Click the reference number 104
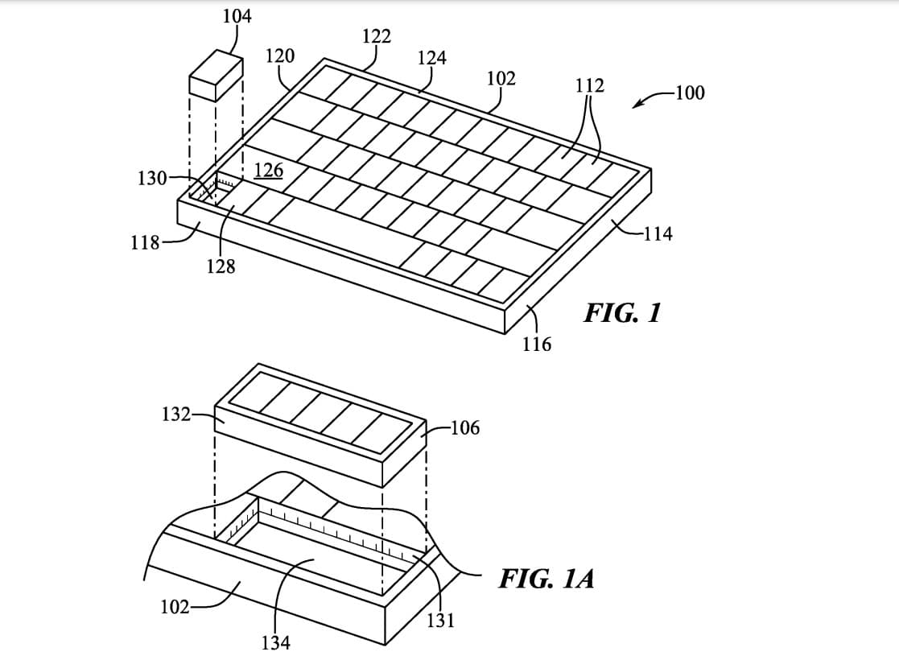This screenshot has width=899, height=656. [x=236, y=15]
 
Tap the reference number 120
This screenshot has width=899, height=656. [x=279, y=56]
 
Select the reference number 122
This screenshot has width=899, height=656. [x=377, y=35]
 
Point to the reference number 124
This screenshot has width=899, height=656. [x=432, y=57]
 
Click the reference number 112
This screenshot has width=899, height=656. [x=590, y=85]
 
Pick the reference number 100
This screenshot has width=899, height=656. [x=689, y=93]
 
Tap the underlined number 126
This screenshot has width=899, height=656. [x=268, y=170]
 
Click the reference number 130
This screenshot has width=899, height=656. [x=151, y=178]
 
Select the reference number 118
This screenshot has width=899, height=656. [x=145, y=241]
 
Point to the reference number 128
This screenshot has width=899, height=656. [x=221, y=267]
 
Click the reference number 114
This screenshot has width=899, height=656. [x=658, y=234]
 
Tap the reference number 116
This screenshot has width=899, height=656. [x=536, y=345]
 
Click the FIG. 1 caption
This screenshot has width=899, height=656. [x=622, y=312]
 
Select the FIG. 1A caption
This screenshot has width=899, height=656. [x=546, y=578]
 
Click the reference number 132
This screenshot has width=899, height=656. [x=176, y=415]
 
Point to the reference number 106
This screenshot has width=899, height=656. [x=465, y=427]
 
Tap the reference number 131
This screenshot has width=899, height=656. [x=441, y=620]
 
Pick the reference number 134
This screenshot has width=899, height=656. [x=276, y=643]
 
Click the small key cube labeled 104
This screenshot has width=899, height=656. [x=216, y=74]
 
